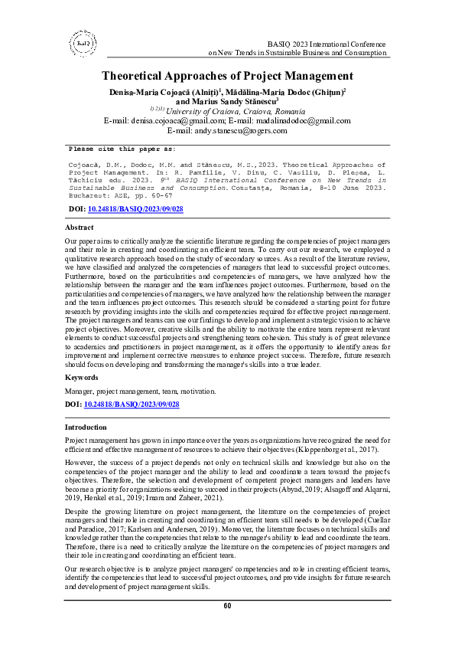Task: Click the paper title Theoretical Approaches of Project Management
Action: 227,76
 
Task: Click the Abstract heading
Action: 79,228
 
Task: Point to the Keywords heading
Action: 82,378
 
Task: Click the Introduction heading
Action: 86,426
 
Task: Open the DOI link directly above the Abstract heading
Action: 131,208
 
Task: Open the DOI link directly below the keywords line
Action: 131,403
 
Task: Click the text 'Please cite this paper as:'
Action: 122,149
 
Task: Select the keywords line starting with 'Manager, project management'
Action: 140,391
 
